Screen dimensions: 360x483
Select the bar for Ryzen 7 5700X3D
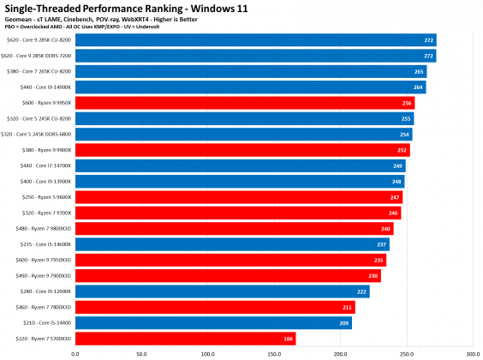pos(185,339)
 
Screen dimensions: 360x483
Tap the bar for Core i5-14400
pos(213,323)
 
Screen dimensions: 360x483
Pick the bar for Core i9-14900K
pos(250,87)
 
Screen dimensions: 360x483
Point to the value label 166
pos(287,339)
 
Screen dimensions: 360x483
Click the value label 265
pos(419,71)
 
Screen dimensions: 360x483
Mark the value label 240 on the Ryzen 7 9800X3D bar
pos(385,229)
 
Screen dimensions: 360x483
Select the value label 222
pos(361,291)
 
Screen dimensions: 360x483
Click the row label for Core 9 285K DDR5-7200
pos(39,56)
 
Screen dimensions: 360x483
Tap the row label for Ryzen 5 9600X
pos(50,197)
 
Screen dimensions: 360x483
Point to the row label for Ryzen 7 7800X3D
pos(46,307)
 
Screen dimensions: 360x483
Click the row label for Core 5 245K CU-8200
pos(40,118)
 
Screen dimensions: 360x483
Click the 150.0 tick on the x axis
pos(273,352)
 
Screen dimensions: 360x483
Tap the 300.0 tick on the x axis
pos(472,352)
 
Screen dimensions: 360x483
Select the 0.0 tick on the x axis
pos(75,352)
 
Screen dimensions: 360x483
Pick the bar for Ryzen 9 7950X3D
pos(230,260)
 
